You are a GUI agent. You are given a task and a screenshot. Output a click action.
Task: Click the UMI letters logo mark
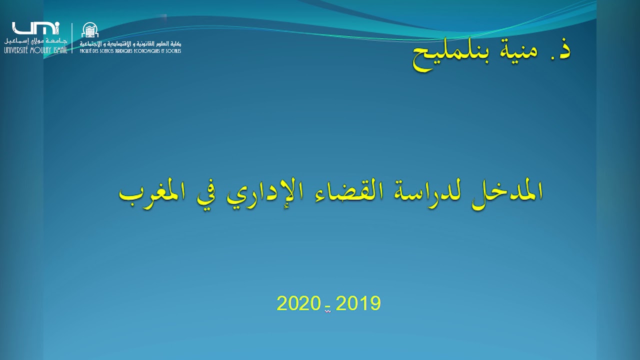35,28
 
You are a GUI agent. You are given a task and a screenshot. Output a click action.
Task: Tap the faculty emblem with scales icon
90,30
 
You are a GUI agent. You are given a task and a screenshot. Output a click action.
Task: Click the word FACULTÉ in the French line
87,51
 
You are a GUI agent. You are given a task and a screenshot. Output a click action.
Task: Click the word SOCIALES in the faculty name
173,51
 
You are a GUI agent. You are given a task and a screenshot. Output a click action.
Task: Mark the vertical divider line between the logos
72,38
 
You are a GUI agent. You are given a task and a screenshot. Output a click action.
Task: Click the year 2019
358,303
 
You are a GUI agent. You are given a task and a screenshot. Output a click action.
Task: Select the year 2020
298,303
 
